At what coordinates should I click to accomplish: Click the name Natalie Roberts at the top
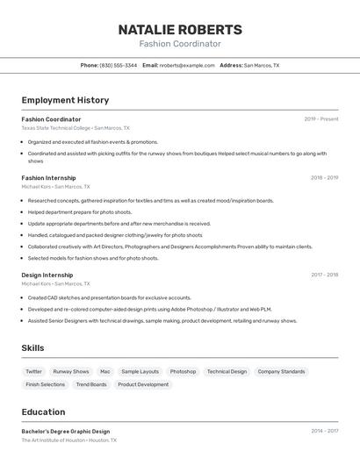point(179,29)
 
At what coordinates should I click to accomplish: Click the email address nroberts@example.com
point(187,65)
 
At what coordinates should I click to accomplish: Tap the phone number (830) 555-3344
point(119,65)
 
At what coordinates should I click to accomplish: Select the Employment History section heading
point(65,100)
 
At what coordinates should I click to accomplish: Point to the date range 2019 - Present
point(321,119)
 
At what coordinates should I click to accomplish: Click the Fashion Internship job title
point(48,178)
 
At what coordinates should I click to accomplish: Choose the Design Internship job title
point(47,275)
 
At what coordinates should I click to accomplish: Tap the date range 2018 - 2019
point(324,178)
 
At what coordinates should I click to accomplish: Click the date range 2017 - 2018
point(324,275)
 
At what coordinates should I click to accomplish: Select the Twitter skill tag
point(33,372)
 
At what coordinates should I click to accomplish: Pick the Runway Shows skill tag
point(71,372)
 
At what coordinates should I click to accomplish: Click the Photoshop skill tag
point(183,372)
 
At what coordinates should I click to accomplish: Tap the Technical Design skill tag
point(227,372)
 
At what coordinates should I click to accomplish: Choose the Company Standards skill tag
point(281,372)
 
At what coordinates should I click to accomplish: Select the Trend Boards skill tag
point(91,384)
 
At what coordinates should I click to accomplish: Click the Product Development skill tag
point(143,384)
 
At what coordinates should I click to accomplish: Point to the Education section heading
point(43,411)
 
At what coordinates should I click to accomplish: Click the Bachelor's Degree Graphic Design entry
point(66,432)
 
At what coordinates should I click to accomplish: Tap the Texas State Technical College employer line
point(76,128)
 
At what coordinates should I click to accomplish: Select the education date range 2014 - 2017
point(324,432)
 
